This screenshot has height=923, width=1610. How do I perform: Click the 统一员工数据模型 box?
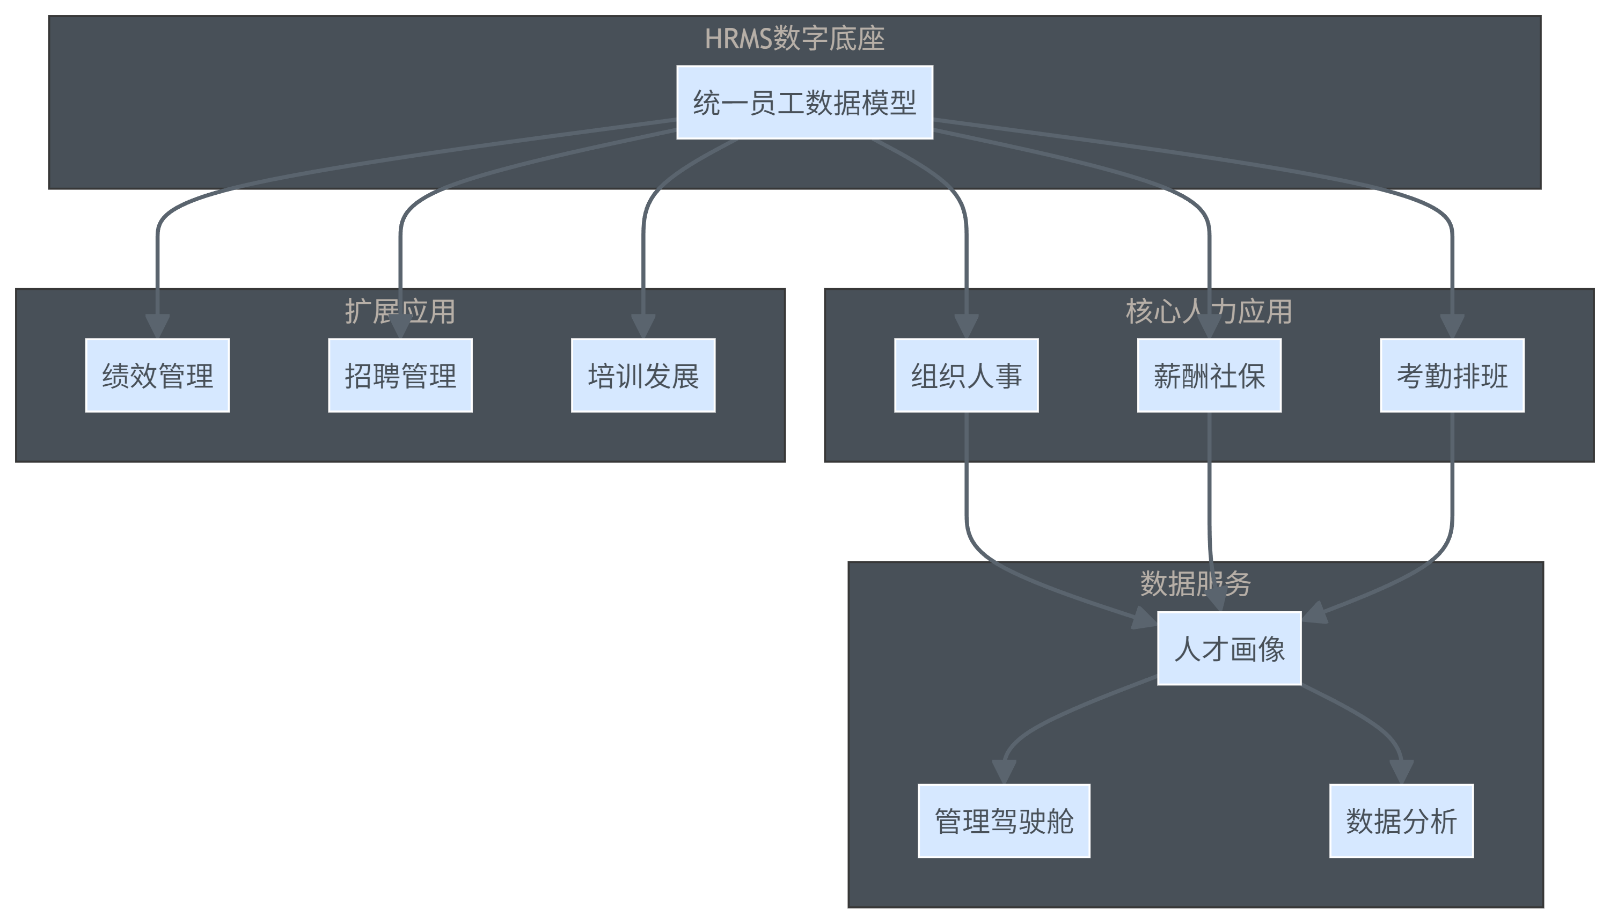point(804,102)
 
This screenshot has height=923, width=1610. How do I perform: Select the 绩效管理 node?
point(157,375)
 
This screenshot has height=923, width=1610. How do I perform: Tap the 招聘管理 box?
point(400,375)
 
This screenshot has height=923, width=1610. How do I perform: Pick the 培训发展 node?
point(643,375)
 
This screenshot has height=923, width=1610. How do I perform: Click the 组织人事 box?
point(966,375)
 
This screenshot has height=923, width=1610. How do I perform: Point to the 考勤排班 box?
point(1452,375)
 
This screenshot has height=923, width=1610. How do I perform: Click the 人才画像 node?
point(1229,648)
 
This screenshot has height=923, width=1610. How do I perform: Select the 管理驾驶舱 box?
point(1004,821)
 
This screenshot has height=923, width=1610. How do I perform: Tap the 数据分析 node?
point(1401,821)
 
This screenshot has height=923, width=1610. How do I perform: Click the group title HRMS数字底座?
point(794,39)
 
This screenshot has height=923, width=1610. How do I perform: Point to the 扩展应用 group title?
point(400,311)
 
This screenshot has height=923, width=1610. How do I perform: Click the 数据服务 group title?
point(1196,584)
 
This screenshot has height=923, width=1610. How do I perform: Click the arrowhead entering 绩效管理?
point(157,326)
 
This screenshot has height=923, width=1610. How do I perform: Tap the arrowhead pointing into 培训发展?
point(643,326)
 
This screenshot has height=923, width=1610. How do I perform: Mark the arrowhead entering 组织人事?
point(966,326)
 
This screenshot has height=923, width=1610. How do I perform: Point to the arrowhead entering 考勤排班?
point(1452,326)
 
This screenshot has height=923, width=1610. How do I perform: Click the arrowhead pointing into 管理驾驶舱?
point(1004,772)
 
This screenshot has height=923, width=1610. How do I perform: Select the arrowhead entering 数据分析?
point(1401,772)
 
